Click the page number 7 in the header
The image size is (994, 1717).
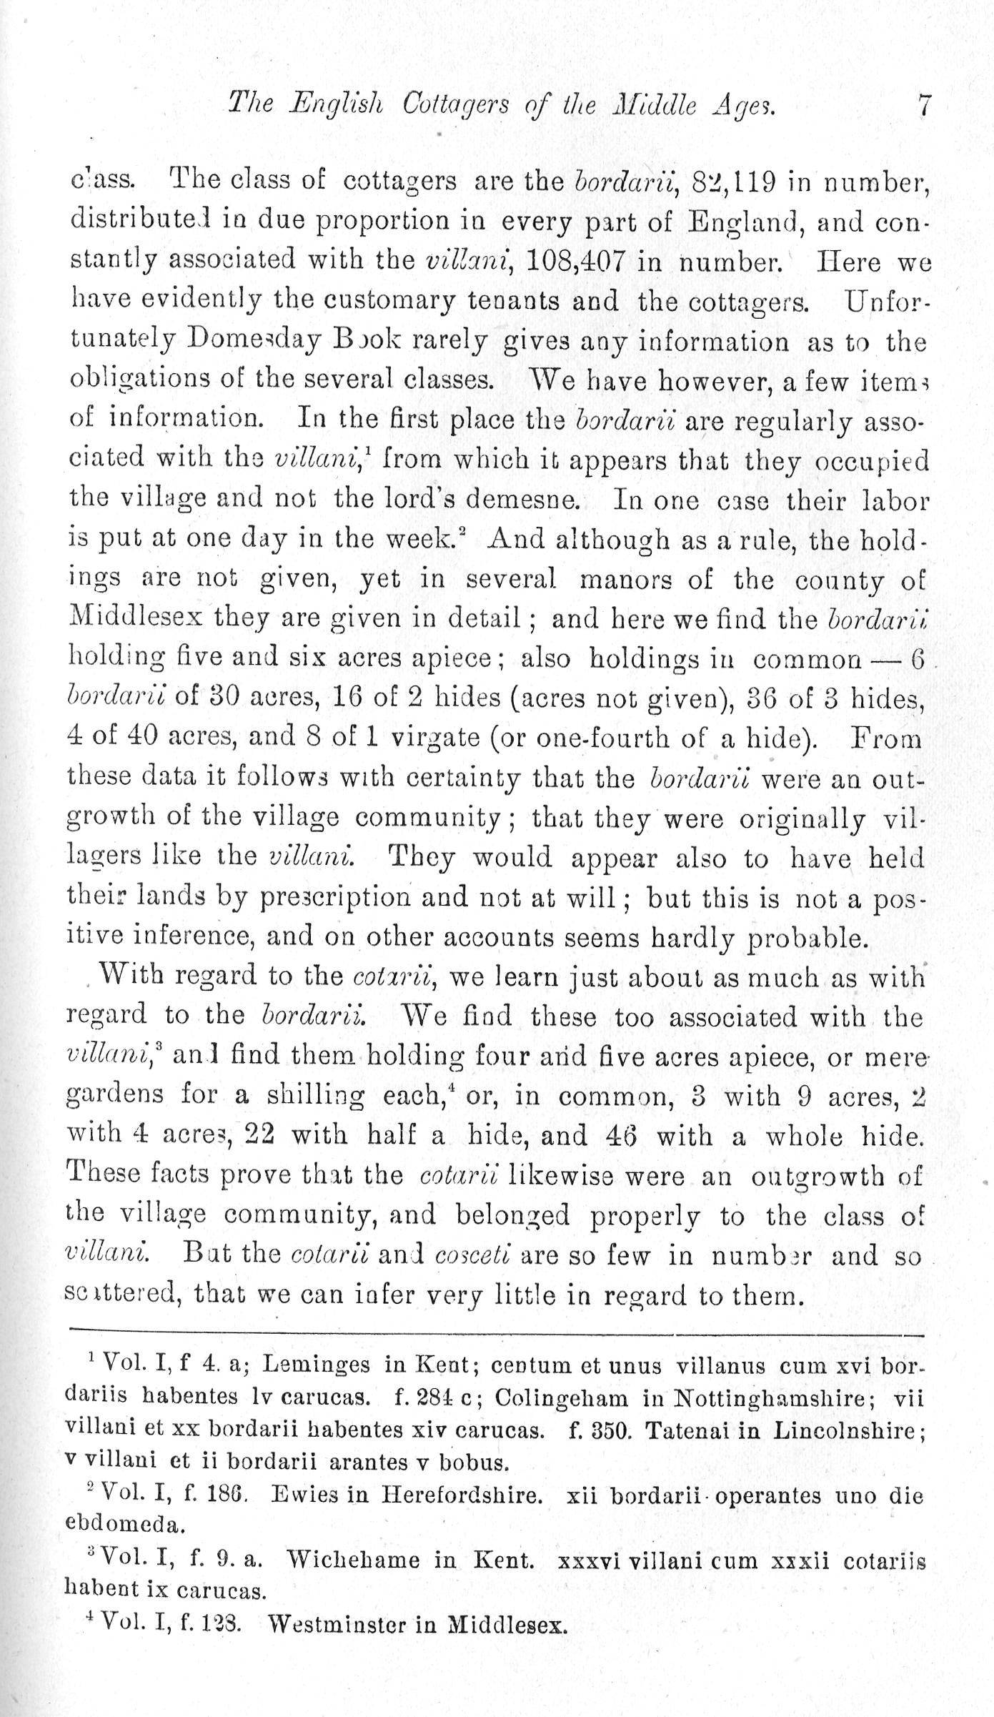pos(923,107)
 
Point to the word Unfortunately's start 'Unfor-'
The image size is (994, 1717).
pos(886,302)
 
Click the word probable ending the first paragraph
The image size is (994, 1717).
pos(807,937)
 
